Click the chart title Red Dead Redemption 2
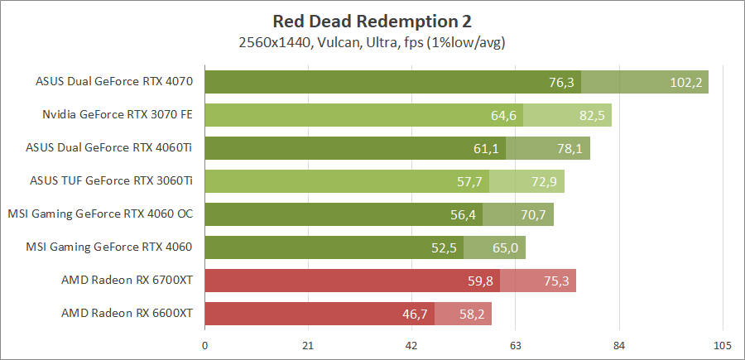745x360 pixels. [372, 20]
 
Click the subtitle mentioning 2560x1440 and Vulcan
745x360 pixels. [372, 41]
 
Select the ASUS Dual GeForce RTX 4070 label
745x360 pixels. [114, 82]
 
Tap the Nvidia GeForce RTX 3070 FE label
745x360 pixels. [118, 115]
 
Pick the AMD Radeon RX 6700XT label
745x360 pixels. [127, 281]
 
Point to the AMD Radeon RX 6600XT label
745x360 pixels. [127, 314]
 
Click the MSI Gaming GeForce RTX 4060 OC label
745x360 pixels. [100, 214]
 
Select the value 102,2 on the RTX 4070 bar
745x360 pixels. [685, 82]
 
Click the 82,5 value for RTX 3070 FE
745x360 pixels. [592, 115]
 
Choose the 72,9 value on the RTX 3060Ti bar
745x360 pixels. [544, 181]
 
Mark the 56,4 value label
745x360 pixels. [462, 214]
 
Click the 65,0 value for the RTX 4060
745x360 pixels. [505, 247]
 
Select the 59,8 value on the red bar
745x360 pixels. [480, 281]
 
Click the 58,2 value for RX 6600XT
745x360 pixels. [472, 314]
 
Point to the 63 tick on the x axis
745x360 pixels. [515, 345]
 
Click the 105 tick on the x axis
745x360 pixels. [722, 345]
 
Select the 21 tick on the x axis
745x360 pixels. [308, 345]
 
